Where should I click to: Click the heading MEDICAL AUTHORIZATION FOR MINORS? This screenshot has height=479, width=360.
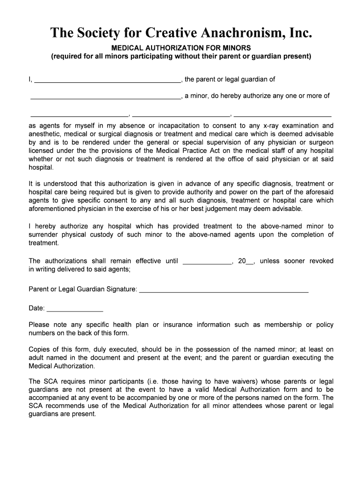click(181, 48)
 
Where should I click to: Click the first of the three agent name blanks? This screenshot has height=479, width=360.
click(79, 114)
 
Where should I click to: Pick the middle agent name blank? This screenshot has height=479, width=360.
click(181, 114)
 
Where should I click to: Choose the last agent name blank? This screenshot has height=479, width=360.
click(282, 114)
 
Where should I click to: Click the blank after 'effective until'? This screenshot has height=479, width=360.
click(207, 262)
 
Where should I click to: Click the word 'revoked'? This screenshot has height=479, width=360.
click(321, 261)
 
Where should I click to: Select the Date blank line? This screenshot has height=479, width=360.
click(75, 310)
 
